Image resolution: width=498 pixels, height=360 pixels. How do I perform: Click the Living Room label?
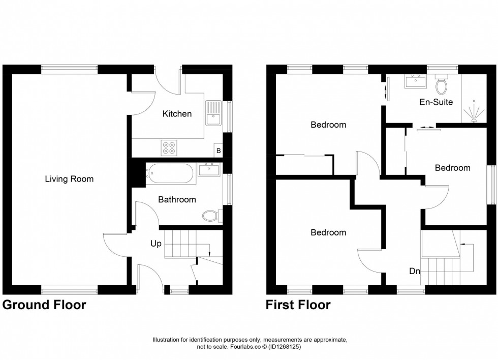click(69, 179)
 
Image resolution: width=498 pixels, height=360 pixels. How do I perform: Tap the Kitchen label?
click(177, 114)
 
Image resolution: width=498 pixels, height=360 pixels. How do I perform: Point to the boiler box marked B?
click(219, 151)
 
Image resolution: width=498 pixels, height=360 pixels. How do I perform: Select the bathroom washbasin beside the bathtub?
click(208, 169)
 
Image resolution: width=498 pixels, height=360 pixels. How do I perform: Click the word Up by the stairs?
click(155, 244)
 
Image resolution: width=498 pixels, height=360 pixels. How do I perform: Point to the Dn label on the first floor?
click(415, 272)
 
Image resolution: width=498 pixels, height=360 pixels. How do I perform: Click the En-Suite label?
click(435, 102)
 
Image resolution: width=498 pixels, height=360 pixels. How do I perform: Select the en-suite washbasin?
click(415, 82)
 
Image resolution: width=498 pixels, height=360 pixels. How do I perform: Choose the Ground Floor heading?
click(44, 305)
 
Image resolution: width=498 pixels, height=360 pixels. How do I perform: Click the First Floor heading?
click(298, 305)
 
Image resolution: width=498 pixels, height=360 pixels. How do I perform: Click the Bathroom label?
click(177, 200)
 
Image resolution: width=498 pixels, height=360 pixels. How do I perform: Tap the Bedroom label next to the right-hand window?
click(452, 168)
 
